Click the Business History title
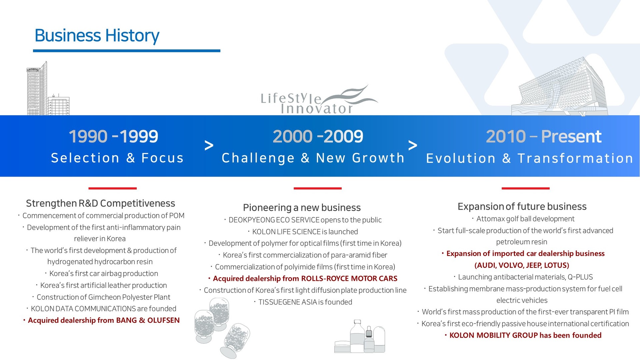click(x=97, y=36)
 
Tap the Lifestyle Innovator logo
click(x=319, y=100)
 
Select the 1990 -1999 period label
click(x=113, y=136)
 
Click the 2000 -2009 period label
click(x=318, y=136)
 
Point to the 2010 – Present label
click(x=544, y=136)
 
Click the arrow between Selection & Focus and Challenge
click(x=209, y=145)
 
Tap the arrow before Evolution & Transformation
click(x=413, y=145)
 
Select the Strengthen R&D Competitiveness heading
click(x=100, y=203)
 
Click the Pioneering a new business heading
click(x=302, y=208)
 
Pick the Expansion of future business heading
click(x=522, y=207)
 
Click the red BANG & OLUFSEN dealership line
click(x=101, y=320)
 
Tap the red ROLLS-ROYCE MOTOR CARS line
click(x=303, y=279)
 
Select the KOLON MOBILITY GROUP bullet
click(x=523, y=335)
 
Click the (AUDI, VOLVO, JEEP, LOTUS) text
click(x=522, y=265)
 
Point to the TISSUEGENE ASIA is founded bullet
click(x=303, y=302)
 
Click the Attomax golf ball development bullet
click(x=523, y=219)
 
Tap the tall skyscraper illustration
click(x=37, y=89)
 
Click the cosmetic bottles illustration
click(x=360, y=336)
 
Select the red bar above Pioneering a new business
click(x=318, y=188)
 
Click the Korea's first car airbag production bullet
click(x=101, y=274)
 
